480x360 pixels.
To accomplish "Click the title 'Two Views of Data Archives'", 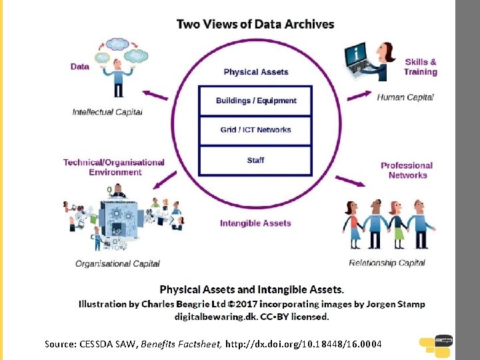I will pyautogui.click(x=255, y=24).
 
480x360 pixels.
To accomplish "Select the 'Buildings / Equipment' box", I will pyautogui.click(x=256, y=101).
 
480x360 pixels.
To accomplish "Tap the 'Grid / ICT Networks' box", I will pyautogui.click(x=256, y=129).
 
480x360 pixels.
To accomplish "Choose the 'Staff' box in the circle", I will pyautogui.click(x=256, y=160).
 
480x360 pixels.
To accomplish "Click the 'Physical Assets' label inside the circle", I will pyautogui.click(x=256, y=72).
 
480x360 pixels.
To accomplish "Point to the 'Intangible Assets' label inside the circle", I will pyautogui.click(x=255, y=223).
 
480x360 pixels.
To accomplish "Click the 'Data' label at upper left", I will pyautogui.click(x=80, y=67).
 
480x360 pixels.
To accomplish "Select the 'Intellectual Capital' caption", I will pyautogui.click(x=107, y=112).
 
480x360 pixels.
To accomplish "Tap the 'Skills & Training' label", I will pyautogui.click(x=421, y=67).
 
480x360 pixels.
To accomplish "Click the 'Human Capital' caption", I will pyautogui.click(x=405, y=97).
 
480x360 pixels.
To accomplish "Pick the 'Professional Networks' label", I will pyautogui.click(x=407, y=170).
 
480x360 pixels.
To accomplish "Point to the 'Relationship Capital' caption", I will pyautogui.click(x=387, y=262).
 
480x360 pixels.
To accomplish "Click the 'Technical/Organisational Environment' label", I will pyautogui.click(x=114, y=167).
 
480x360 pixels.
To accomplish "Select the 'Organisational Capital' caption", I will pyautogui.click(x=117, y=263).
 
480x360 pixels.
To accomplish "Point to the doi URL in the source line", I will pyautogui.click(x=303, y=344).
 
